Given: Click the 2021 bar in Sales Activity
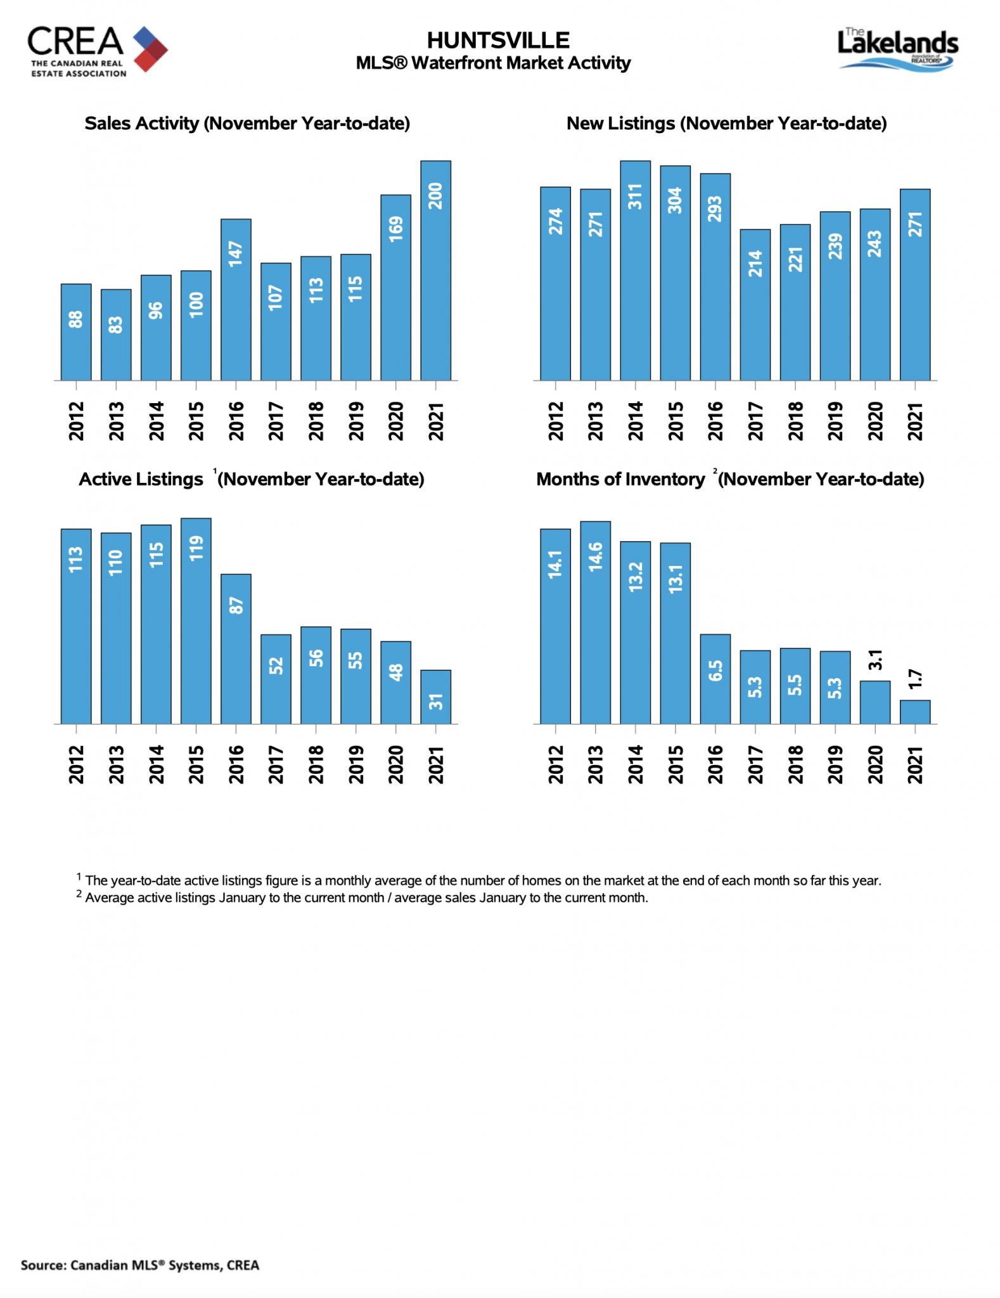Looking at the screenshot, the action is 435,271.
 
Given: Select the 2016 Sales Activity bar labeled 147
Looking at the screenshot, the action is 236,300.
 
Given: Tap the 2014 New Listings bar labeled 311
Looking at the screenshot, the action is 635,271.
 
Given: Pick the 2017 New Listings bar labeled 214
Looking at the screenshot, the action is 755,305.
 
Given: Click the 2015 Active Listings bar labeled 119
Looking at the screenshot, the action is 196,621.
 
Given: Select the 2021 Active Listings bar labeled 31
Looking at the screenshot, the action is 435,697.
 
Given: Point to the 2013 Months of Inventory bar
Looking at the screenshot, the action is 595,622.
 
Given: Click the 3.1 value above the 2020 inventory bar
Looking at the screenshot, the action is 875,660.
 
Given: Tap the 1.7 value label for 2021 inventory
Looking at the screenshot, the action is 915,679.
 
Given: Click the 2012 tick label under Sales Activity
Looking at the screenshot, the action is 76,421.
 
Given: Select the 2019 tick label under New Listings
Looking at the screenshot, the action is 835,421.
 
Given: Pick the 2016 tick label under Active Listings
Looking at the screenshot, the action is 236,764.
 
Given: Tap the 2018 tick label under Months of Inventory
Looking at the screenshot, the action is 795,764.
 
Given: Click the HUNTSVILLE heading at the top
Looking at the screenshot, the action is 498,41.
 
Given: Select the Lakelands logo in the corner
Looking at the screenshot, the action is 898,48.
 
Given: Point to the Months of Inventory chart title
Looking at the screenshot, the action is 730,479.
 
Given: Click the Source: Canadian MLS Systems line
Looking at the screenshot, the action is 140,1265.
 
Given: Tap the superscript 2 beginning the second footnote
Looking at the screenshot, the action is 79,894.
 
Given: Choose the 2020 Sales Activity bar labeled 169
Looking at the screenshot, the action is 395,288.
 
